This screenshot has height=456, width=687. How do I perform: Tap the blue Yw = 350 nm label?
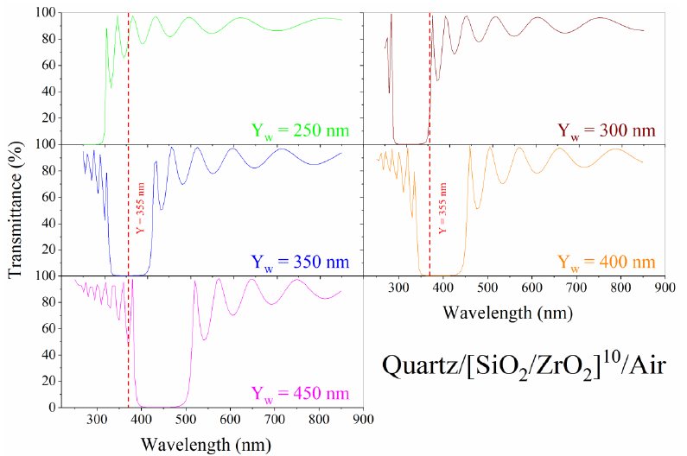click(300, 262)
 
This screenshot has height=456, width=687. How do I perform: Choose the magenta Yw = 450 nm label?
click(300, 394)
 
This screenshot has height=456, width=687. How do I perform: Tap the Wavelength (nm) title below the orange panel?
click(508, 312)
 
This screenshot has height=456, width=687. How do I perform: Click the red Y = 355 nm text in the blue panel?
click(141, 208)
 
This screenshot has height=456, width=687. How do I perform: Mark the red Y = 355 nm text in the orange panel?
click(442, 208)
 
